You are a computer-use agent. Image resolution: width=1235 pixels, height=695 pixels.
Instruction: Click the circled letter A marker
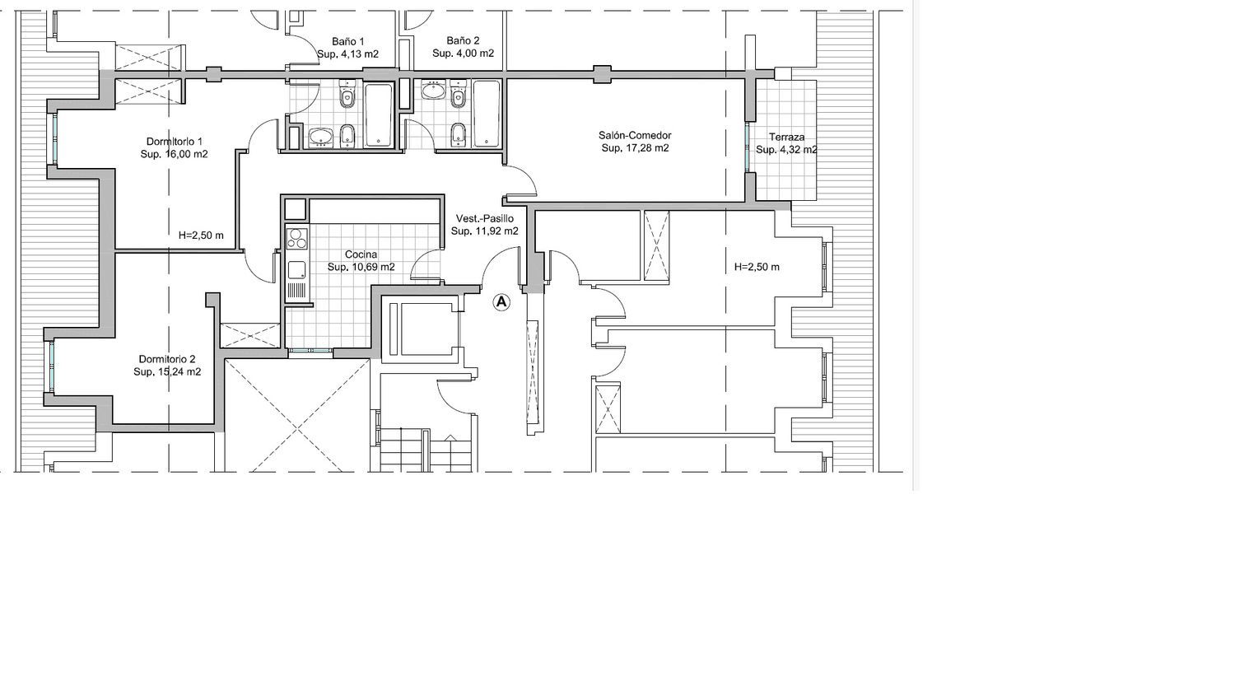[x=501, y=301]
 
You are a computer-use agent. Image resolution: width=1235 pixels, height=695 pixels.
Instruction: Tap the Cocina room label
[x=361, y=254]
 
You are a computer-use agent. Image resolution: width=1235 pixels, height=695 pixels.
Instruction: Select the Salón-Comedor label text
[x=635, y=135]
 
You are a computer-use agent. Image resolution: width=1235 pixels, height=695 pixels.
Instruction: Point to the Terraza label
[x=787, y=137]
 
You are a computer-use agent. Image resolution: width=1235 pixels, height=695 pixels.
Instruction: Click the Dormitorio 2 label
[x=167, y=359]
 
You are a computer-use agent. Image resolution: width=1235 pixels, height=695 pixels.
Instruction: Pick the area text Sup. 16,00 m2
[x=175, y=155]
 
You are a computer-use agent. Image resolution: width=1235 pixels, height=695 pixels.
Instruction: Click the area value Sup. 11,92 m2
[x=485, y=231]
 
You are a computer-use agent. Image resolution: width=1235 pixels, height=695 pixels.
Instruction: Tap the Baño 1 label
[x=348, y=41]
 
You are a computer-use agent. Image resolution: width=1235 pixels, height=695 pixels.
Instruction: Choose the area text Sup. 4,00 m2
[x=463, y=54]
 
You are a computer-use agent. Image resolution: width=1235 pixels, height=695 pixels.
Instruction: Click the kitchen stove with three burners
[x=297, y=238]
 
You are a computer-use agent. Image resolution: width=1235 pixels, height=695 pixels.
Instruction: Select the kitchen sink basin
[x=297, y=270]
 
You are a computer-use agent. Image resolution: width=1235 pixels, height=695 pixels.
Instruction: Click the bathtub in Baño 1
[x=379, y=115]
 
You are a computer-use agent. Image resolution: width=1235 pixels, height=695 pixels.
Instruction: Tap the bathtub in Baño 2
[x=487, y=114]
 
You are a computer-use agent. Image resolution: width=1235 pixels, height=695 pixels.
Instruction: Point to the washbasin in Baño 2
[x=433, y=91]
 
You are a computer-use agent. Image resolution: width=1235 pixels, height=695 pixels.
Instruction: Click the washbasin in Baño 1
[x=320, y=138]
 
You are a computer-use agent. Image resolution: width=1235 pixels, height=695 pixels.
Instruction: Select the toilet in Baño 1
[x=347, y=95]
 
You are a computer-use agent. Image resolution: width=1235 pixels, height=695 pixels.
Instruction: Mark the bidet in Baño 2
[x=458, y=134]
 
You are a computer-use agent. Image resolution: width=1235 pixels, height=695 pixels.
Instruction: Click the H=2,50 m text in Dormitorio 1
[x=201, y=236]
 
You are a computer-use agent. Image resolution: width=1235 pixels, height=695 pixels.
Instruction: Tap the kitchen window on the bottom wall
[x=310, y=351]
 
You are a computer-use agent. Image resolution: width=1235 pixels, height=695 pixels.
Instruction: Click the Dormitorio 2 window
[x=51, y=366]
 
